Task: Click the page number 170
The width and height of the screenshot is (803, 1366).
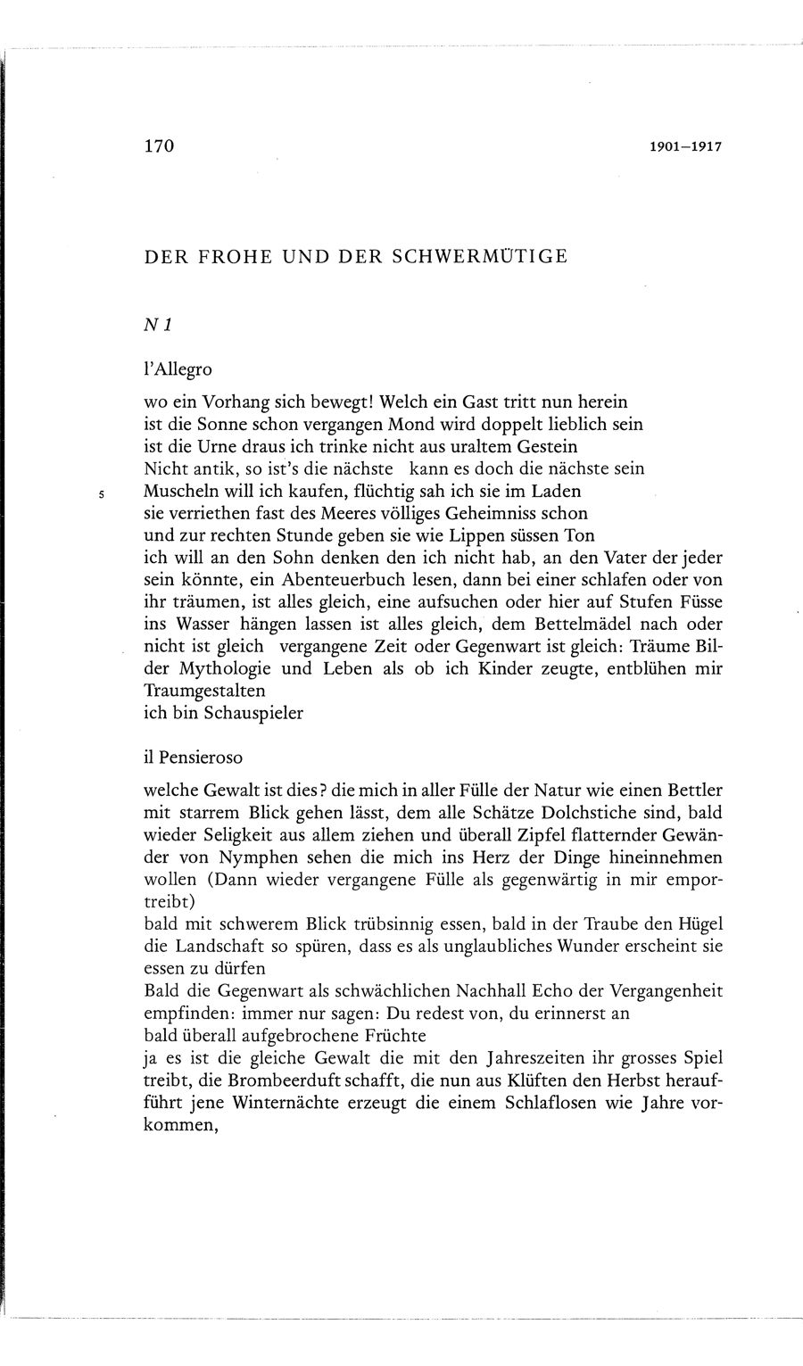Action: (x=157, y=146)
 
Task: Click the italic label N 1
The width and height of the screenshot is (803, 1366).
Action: (x=157, y=327)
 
